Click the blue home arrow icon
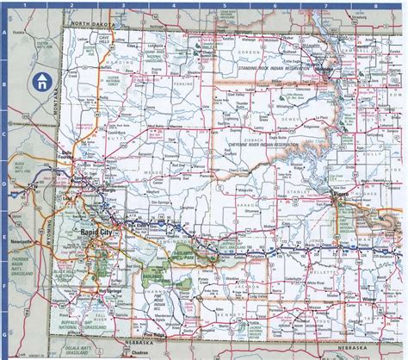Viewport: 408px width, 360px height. pyautogui.click(x=40, y=83)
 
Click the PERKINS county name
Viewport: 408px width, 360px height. pyautogui.click(x=183, y=85)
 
